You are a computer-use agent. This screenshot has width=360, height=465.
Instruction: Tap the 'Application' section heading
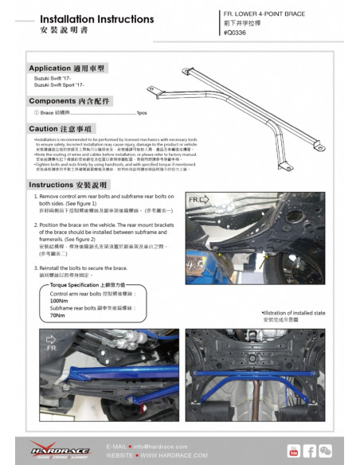pos(67,68)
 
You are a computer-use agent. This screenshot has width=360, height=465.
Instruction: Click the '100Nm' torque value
pos(59,301)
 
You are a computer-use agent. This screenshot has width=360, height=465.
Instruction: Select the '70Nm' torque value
pos(57,315)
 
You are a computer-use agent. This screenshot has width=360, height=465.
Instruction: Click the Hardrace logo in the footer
pos(61,450)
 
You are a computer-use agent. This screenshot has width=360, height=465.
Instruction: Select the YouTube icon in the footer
pos(294,451)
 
